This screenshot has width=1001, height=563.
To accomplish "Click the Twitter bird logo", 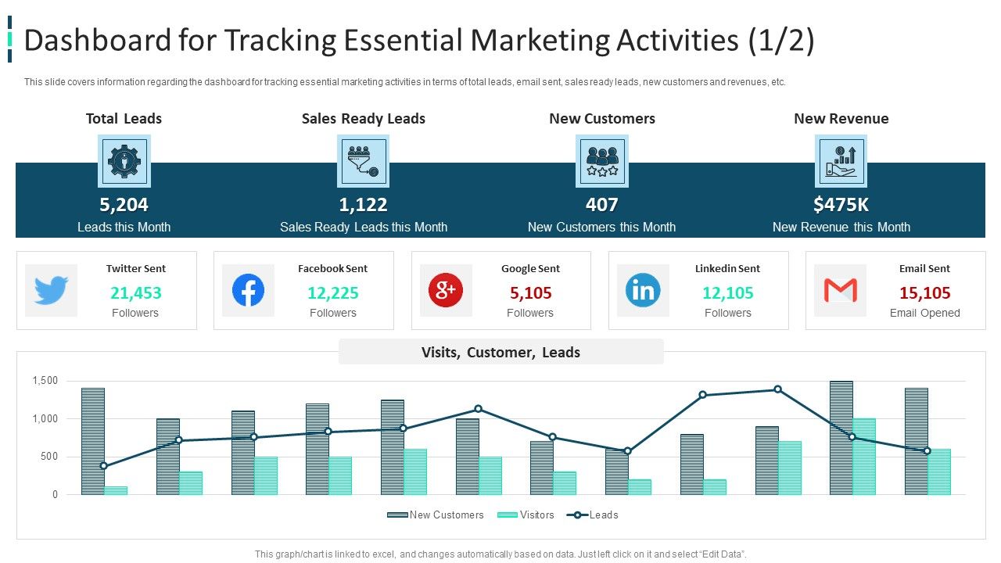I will click(51, 291).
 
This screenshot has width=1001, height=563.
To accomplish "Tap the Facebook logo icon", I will click(248, 291).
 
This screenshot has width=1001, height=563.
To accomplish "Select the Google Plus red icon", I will click(446, 291).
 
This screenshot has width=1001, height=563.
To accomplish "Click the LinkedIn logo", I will click(643, 291).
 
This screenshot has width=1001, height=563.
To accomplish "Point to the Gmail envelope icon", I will click(840, 291).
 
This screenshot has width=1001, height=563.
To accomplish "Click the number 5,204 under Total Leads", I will click(124, 205).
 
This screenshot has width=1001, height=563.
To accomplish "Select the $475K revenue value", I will click(841, 205).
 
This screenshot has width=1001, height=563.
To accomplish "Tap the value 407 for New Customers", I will click(601, 205).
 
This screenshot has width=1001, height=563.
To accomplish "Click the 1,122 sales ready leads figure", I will click(364, 205).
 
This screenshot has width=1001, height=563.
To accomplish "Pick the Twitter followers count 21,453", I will click(136, 293).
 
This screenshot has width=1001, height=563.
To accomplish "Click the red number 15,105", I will click(924, 293).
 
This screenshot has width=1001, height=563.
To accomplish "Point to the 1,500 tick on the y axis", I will click(45, 381).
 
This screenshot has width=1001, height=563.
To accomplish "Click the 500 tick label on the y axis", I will click(48, 457).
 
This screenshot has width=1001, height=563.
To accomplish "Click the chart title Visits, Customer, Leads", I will click(500, 353).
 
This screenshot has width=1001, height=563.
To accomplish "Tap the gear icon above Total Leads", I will click(124, 161).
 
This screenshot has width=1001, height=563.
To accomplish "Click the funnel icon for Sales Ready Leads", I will click(364, 161).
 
